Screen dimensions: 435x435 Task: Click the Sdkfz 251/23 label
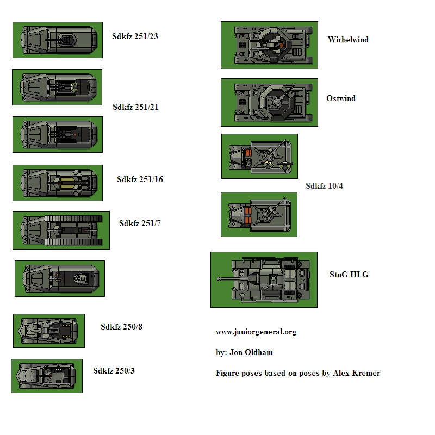(135, 36)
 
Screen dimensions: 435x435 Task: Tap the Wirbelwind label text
(348, 40)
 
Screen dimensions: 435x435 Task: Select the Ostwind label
(341, 98)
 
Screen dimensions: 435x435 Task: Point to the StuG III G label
(349, 275)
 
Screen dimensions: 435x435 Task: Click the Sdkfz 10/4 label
(324, 186)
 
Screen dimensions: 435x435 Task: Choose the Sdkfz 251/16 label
(140, 179)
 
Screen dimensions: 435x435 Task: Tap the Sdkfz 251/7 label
(140, 223)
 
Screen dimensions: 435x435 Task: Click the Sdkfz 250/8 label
(121, 327)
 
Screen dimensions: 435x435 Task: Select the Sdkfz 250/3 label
(114, 371)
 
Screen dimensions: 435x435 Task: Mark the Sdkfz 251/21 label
(135, 107)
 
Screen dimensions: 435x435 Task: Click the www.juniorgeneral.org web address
(256, 332)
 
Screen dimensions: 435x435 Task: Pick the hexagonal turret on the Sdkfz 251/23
(66, 40)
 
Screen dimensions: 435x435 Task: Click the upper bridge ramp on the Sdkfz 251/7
(73, 219)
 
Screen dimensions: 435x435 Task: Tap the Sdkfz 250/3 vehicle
(46, 376)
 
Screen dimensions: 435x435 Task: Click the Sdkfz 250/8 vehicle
(48, 331)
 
